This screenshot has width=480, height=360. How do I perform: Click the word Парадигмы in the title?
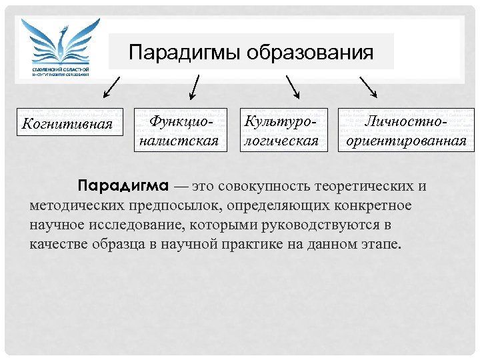(x=185, y=52)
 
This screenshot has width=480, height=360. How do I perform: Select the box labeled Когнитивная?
(x=68, y=123)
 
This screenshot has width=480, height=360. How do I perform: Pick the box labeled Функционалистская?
(x=179, y=131)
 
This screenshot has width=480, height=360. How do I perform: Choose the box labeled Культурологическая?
(x=284, y=131)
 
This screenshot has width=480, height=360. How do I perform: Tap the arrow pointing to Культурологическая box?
(x=293, y=87)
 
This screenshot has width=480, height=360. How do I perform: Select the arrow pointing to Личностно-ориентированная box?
(x=368, y=87)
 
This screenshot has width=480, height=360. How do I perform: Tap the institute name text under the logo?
(x=61, y=71)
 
